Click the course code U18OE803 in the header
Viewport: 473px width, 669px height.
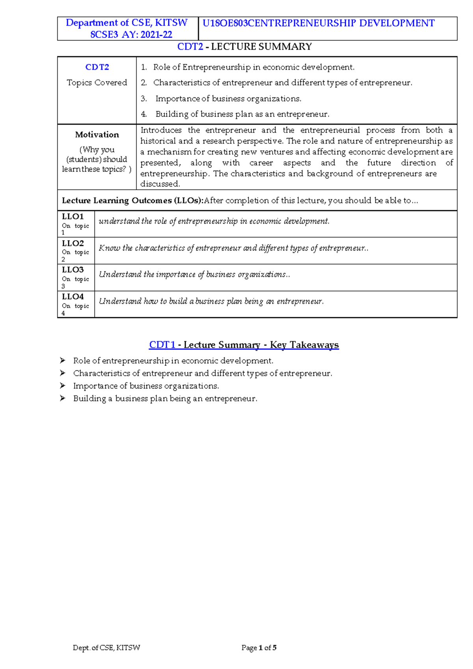click(225, 23)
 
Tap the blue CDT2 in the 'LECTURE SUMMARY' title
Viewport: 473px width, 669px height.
click(190, 47)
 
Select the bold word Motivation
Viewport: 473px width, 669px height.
click(97, 135)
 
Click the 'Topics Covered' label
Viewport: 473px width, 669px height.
click(97, 82)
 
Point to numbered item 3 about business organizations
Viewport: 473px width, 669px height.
click(228, 99)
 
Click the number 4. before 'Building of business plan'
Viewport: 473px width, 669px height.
click(144, 114)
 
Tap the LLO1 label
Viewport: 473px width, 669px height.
click(73, 217)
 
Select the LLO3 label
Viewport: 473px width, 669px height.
click(73, 270)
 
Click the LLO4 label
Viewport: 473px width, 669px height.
click(73, 297)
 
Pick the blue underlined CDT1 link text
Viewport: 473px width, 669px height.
click(162, 345)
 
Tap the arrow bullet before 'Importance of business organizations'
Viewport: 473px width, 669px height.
click(63, 386)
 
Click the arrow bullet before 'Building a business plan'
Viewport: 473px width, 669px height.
click(63, 398)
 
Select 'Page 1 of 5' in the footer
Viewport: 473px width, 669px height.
click(259, 648)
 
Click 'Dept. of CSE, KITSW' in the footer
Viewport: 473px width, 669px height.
click(106, 648)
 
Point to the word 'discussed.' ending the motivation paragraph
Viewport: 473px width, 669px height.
click(160, 184)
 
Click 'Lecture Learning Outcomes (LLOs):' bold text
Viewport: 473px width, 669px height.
click(132, 200)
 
